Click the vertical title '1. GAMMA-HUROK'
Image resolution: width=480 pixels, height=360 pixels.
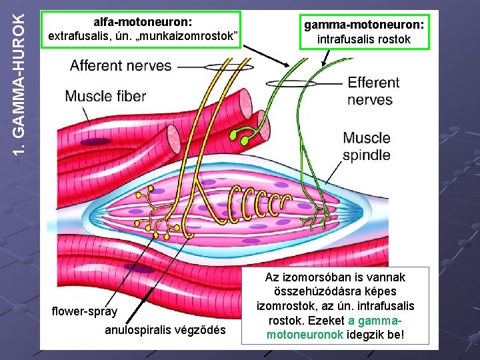[x=21, y=80]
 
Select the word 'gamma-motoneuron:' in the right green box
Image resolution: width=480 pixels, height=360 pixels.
[x=364, y=25]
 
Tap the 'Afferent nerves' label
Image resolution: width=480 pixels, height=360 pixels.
[x=121, y=66]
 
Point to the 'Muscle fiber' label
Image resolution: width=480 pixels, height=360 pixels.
[x=105, y=96]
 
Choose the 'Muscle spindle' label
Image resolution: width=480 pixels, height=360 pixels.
[x=366, y=147]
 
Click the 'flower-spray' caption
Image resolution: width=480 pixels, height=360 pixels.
[x=85, y=311]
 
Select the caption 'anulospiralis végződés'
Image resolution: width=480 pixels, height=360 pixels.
[x=165, y=331]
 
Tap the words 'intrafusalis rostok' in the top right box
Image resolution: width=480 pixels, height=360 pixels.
[x=364, y=39]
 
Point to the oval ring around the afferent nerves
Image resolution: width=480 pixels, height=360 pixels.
[x=229, y=66]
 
